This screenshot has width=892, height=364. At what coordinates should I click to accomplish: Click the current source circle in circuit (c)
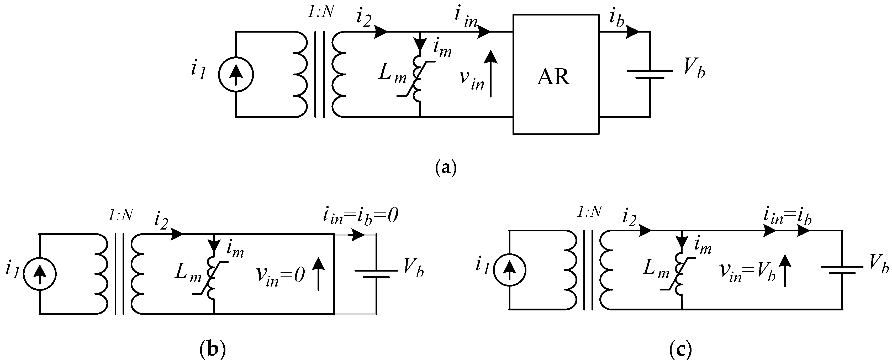pyautogui.click(x=509, y=270)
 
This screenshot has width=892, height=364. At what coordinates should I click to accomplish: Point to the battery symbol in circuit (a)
pyautogui.click(x=650, y=74)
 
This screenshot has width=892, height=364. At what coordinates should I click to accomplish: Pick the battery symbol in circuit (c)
pyautogui.click(x=842, y=270)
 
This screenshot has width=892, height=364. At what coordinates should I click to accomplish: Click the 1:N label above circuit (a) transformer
pyautogui.click(x=321, y=13)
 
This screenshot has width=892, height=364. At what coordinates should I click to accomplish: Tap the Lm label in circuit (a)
pyautogui.click(x=392, y=74)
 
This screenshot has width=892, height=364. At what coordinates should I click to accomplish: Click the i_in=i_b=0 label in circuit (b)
pyautogui.click(x=360, y=217)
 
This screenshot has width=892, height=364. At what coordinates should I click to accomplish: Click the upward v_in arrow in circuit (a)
pyautogui.click(x=491, y=74)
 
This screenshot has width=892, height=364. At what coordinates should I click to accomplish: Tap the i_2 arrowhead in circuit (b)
pyautogui.click(x=177, y=234)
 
